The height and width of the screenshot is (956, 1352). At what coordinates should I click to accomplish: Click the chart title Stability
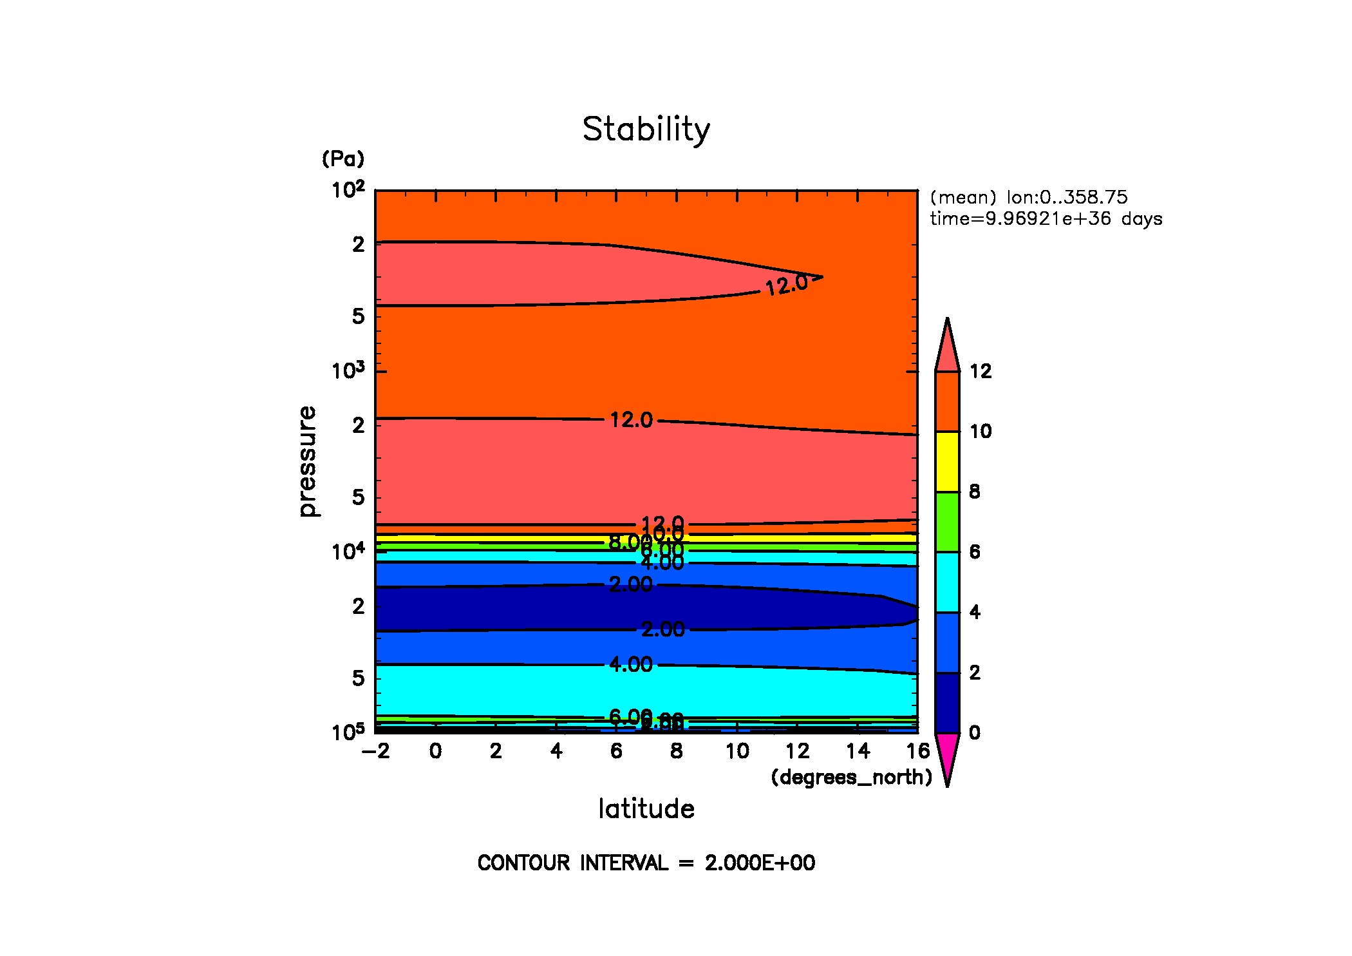pos(646,129)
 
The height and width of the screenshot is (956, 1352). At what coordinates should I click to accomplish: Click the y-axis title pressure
pos(308,461)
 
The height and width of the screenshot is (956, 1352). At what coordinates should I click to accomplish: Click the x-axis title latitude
pos(646,809)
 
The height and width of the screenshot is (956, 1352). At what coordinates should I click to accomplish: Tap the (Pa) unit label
pos(343,158)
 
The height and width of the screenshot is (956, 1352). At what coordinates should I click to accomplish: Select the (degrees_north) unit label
pos(851,778)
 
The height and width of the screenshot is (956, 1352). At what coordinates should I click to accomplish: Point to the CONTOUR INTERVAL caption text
pos(646,863)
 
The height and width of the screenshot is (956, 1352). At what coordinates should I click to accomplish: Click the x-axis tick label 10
pos(737,751)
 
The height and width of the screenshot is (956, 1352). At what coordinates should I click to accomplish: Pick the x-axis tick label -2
pos(376,751)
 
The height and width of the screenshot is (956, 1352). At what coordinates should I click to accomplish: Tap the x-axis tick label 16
pos(918,751)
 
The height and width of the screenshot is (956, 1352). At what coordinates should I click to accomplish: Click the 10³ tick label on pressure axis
pos(348,371)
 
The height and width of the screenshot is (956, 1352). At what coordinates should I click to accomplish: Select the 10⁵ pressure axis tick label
pos(348,732)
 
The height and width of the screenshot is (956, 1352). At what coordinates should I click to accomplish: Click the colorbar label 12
pos(981,371)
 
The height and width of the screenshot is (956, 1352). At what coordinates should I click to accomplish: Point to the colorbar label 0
pos(975,732)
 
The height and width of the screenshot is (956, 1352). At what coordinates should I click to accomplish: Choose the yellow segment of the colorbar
pos(947,461)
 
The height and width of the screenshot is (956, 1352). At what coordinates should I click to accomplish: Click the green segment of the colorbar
pos(947,522)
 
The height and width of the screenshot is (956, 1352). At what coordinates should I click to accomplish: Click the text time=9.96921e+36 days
pos(1046,219)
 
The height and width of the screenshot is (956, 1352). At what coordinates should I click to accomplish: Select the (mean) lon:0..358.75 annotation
pos(1029,197)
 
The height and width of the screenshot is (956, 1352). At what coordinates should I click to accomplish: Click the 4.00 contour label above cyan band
pos(631,664)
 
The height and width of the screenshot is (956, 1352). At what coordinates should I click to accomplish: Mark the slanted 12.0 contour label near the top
pos(786,285)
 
